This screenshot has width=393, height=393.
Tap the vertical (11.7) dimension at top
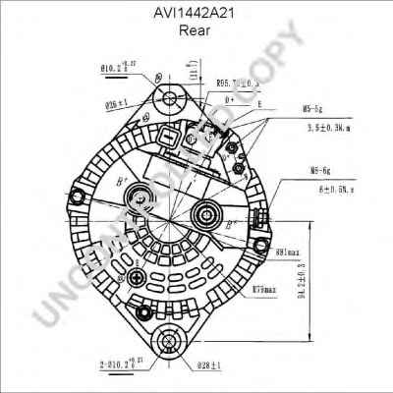pyautogui.click(x=195, y=69)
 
